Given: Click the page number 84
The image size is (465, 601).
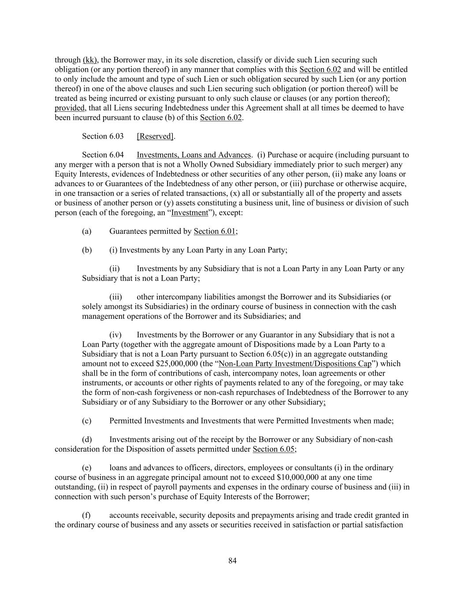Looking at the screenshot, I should pos(233,560).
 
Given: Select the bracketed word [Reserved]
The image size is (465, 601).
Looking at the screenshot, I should pos(155,136).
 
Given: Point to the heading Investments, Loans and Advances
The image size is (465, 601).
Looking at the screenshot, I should pos(193,155).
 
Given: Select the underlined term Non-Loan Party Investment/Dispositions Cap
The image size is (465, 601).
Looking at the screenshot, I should pos(295,364).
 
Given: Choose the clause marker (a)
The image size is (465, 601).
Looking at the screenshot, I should pos(87,231).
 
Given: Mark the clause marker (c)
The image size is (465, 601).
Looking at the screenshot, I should pos(87,420).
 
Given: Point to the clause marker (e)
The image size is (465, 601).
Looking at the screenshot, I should pos(87,468).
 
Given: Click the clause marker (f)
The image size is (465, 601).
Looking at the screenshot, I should pos(86,515).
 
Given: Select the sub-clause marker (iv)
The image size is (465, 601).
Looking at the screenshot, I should pos(115,335).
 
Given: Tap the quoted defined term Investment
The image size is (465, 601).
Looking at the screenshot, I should pos(189,213).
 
